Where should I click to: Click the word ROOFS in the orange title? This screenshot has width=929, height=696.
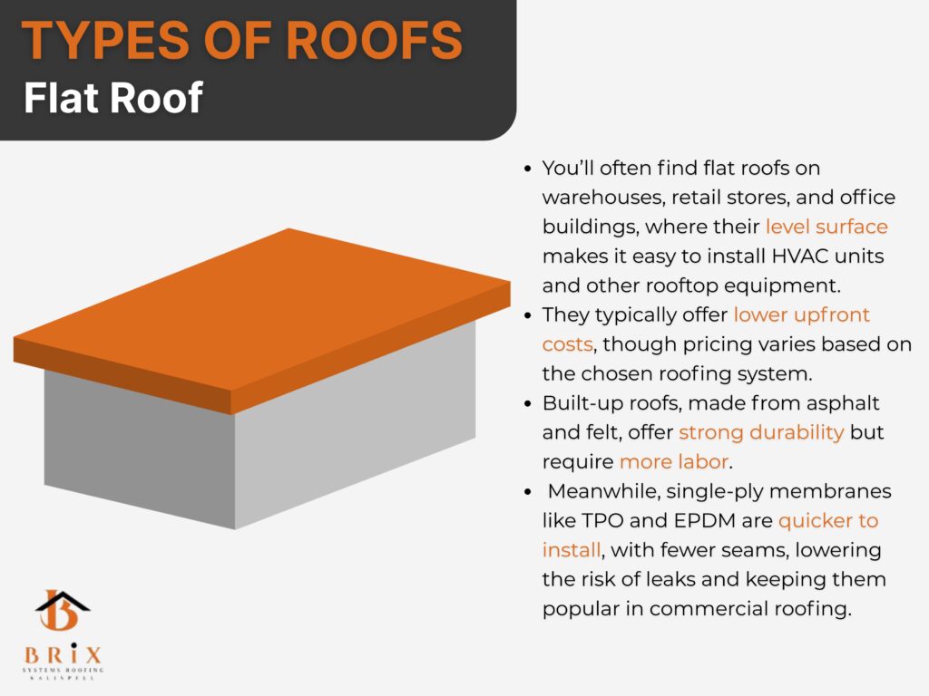pos(374,40)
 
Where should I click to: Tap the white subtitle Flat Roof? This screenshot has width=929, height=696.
pos(113,98)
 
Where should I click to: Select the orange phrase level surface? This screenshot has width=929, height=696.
pos(826,227)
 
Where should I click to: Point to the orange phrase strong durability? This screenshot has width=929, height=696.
pos(761,432)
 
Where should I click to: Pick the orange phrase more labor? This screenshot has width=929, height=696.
pos(674,461)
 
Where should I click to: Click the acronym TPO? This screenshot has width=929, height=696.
pos(602,521)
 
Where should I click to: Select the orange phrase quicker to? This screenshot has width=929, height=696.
pos(828,521)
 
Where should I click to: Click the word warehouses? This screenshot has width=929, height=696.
pos(603,198)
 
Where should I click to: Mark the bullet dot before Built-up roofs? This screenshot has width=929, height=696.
pos(528,404)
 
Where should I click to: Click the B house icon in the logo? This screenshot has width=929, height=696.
pos(62,610)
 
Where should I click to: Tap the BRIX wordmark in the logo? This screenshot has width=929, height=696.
pos(63,654)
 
